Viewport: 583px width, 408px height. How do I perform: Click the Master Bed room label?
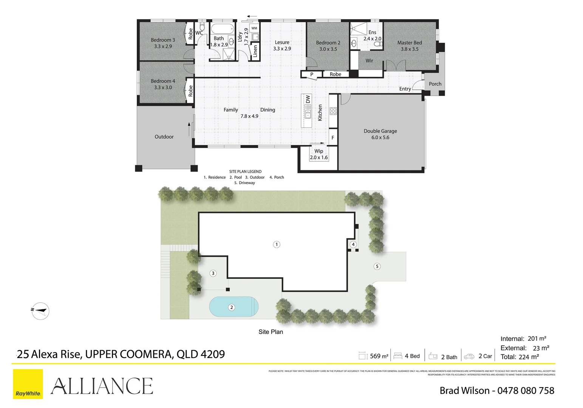tap(410, 43)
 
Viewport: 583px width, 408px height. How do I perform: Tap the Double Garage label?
tap(380, 131)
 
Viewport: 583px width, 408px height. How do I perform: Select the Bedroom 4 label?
tap(163, 81)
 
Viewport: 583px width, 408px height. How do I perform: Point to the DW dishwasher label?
tap(308, 99)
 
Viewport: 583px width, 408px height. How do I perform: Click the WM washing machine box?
tap(254, 28)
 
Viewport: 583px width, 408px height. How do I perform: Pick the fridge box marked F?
tap(333, 138)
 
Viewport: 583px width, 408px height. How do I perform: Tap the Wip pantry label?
tap(319, 151)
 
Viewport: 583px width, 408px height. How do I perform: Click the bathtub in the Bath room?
tap(222, 29)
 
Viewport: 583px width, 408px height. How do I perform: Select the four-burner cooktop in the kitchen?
tap(333, 111)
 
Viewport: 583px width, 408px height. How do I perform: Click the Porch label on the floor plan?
tap(435, 84)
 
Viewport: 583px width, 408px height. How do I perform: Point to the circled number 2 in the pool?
tap(232, 308)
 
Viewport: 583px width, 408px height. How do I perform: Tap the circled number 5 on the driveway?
tap(377, 266)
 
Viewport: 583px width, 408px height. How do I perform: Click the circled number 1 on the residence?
tap(277, 244)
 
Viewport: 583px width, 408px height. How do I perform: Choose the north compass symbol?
tap(40, 311)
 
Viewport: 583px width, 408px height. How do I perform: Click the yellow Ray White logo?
tap(28, 384)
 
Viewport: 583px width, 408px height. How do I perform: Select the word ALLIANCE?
tap(102, 386)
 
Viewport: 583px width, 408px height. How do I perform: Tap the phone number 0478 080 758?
tap(526, 391)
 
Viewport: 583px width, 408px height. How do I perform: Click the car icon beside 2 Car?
tap(469, 356)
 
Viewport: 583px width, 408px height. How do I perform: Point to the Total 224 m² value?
tap(529, 357)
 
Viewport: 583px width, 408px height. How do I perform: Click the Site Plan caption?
tap(271, 332)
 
